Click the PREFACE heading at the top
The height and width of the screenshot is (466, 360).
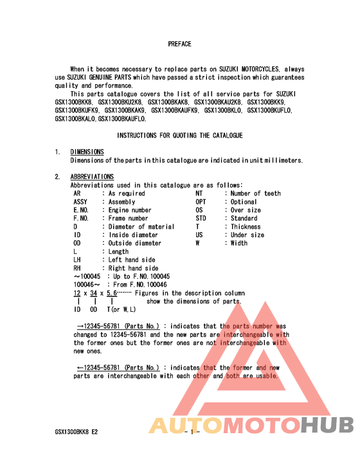pyautogui.click(x=179, y=44)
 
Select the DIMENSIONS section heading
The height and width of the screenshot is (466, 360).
pyautogui.click(x=87, y=152)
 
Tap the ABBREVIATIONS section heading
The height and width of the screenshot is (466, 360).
pyautogui.click(x=92, y=177)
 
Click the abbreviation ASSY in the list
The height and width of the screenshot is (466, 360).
pyautogui.click(x=81, y=202)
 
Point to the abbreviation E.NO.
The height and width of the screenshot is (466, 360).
pyautogui.click(x=81, y=210)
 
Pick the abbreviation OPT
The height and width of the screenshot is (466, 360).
pyautogui.click(x=201, y=202)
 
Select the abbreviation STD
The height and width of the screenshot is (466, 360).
pyautogui.click(x=201, y=219)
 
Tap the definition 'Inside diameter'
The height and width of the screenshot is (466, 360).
pyautogui.click(x=133, y=235)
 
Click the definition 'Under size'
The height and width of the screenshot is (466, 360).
pyautogui.click(x=248, y=235)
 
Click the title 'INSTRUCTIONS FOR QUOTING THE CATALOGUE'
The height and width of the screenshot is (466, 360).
pyautogui.click(x=179, y=136)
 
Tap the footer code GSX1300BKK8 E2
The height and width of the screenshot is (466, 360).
pyautogui.click(x=76, y=432)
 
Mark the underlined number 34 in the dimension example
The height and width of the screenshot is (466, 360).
pyautogui.click(x=94, y=293)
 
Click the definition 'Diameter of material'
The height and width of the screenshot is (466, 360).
pyautogui.click(x=141, y=227)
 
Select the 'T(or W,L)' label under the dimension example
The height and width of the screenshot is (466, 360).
pyautogui.click(x=120, y=310)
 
